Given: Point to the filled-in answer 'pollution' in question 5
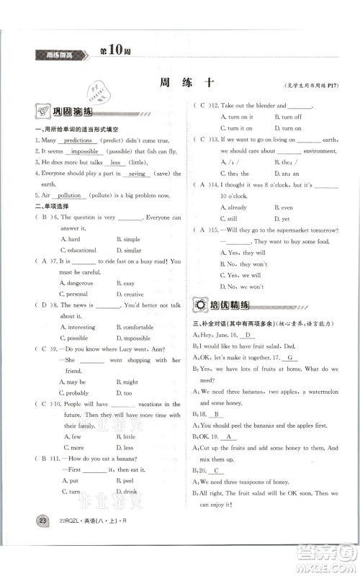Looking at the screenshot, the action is [x=70, y=196].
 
